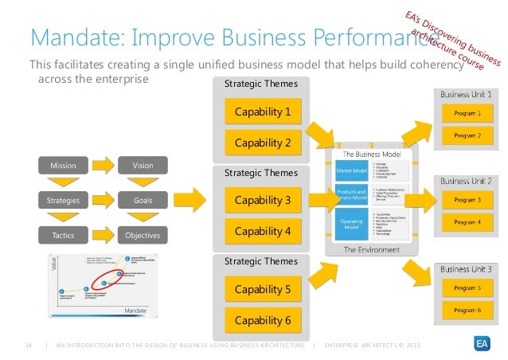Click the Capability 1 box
pos(262,113)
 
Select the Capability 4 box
pos(262,232)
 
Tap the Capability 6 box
pos(262,321)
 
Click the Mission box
pos(63,166)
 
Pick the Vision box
pos(143,166)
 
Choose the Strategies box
pos(63,201)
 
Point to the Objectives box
pos(143,236)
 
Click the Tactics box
pos(63,236)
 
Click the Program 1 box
pos(467,114)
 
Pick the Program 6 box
pos(467,309)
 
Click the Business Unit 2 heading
pos(467,181)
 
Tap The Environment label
pos(371,249)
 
